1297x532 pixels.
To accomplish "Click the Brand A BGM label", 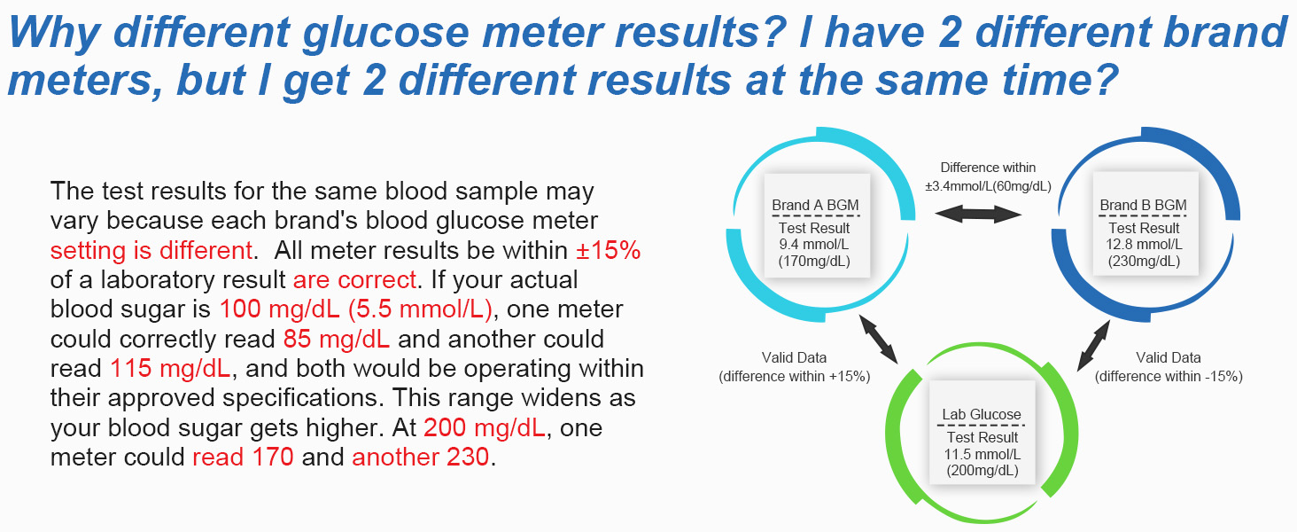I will [815, 205].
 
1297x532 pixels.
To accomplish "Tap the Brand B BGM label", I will [1143, 205].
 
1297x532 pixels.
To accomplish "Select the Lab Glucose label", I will [981, 414].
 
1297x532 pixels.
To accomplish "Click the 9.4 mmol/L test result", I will [815, 245].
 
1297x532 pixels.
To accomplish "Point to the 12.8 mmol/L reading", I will [1143, 245].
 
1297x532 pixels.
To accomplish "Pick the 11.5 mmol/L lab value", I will [982, 454].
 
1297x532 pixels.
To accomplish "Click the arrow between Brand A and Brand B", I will [979, 213].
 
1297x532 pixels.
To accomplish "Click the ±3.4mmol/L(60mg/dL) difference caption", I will [988, 186].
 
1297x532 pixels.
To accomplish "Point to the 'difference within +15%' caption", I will [794, 376].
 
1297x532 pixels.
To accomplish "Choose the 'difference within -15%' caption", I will [1169, 376].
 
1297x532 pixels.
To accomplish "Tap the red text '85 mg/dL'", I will [337, 339].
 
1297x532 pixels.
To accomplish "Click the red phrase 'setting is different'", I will [150, 250].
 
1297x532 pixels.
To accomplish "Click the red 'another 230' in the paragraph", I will [420, 458].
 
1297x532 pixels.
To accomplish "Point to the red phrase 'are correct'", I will [354, 280].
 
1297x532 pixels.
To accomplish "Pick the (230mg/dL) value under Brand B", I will [1143, 261].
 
